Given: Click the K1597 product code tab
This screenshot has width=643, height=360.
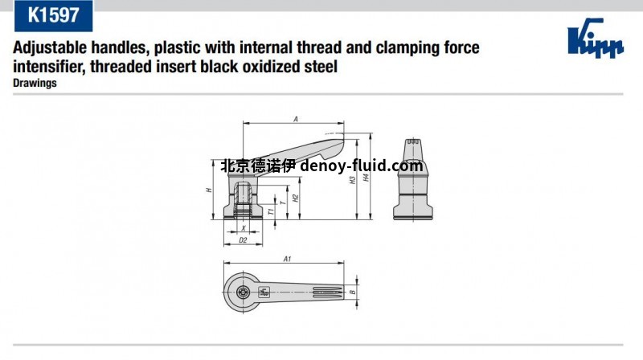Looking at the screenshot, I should (x=53, y=15).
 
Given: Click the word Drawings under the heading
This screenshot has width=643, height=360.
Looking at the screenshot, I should (x=35, y=83).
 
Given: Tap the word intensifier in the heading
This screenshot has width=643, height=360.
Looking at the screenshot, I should (x=50, y=67).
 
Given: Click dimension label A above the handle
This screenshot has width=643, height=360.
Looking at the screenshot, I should (x=296, y=119).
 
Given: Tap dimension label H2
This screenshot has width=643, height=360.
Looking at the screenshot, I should (x=296, y=198).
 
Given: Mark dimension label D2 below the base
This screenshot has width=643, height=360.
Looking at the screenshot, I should (x=243, y=239).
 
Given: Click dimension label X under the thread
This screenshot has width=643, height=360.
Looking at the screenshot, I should (x=243, y=228).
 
